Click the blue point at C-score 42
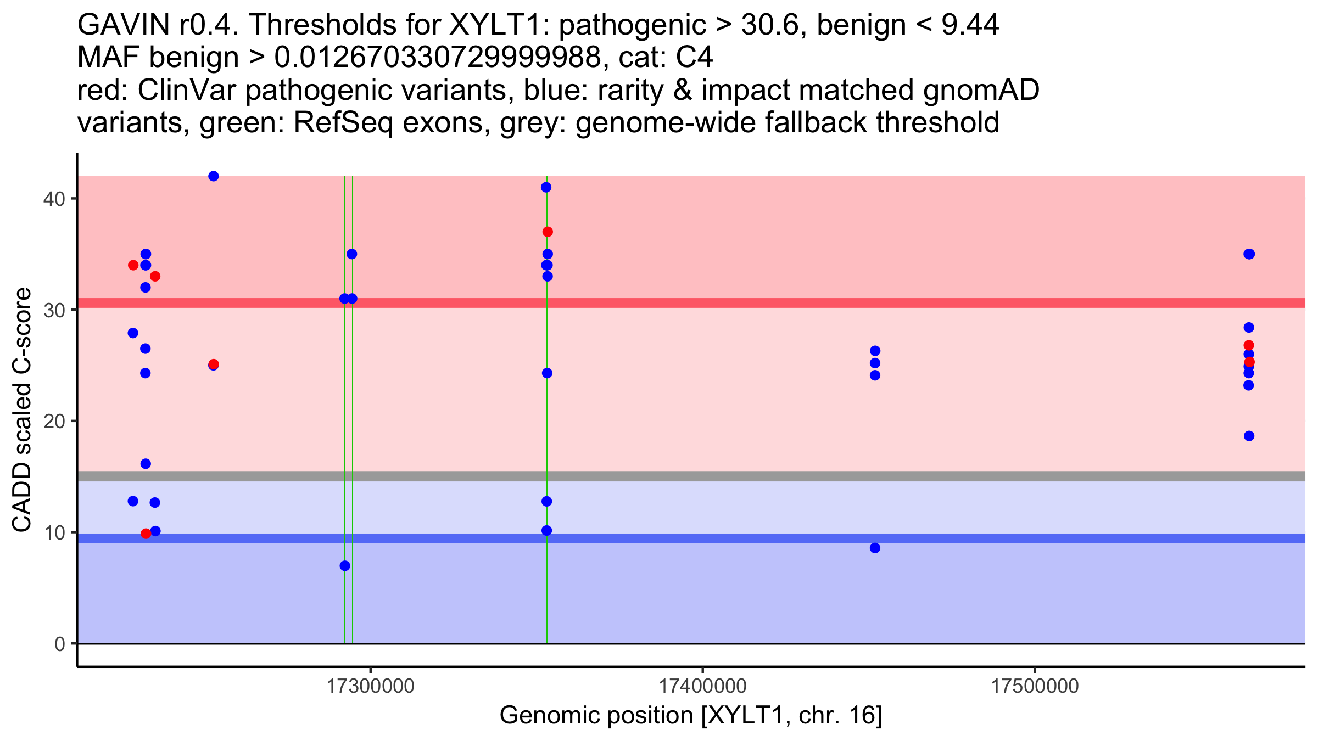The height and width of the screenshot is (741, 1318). coord(214,176)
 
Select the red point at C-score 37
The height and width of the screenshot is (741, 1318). coord(548,232)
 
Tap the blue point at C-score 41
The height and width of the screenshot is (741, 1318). coord(546,187)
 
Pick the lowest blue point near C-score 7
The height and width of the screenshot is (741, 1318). coord(345,566)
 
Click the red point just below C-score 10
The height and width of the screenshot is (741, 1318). coord(146,534)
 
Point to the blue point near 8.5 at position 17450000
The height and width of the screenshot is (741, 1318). coord(875,548)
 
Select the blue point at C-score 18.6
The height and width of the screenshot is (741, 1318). coord(1249,436)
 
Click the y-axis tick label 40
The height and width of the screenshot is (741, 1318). coord(53,199)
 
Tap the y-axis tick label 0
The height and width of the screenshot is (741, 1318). coord(59,644)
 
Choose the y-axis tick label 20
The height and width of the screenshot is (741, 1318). coord(53,422)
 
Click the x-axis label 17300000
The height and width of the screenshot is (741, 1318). coord(371,686)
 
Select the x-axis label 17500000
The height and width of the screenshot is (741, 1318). coord(1035,686)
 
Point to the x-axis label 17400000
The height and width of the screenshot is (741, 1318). coord(702,686)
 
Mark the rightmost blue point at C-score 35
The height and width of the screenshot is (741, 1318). coord(1249,254)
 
